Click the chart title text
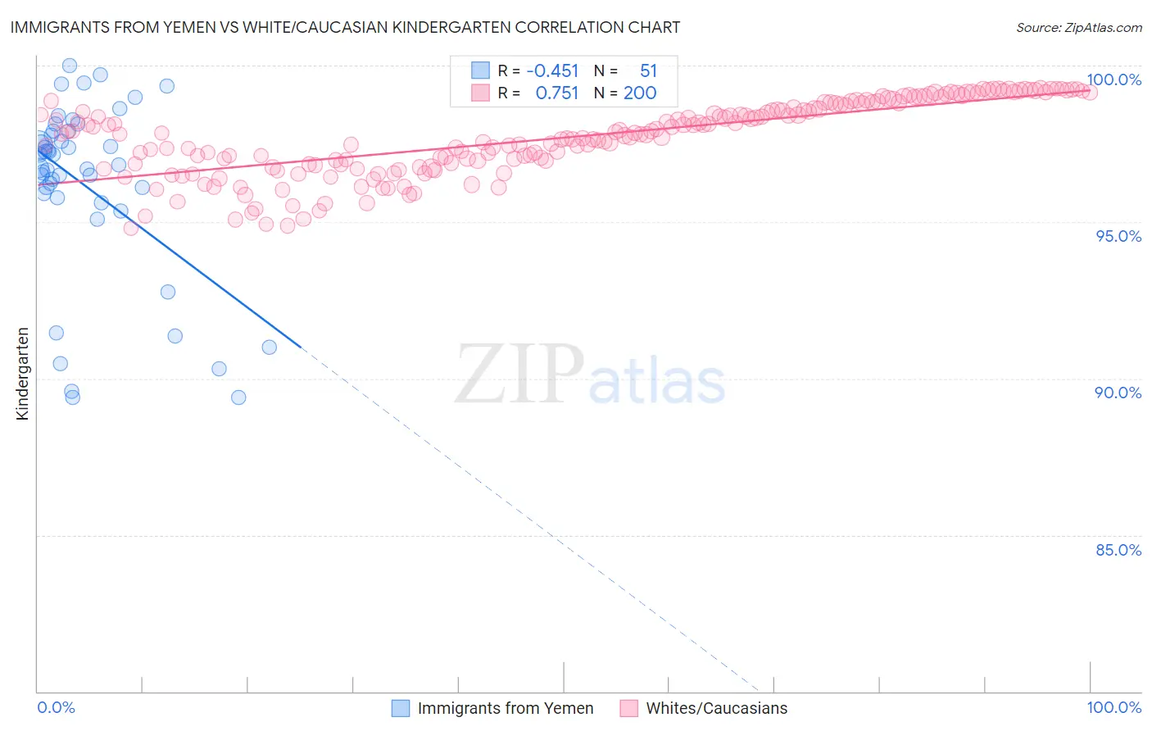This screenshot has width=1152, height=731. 345,27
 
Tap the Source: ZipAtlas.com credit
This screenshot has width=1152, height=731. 1078,27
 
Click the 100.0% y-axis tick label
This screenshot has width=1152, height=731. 1113,79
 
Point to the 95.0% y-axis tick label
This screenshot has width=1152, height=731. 1118,236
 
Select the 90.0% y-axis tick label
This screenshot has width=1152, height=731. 1118,393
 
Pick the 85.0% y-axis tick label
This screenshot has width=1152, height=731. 1118,550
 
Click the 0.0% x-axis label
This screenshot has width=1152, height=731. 56,707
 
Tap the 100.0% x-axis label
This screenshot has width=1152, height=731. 1113,707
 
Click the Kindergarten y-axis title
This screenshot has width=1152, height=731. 22,374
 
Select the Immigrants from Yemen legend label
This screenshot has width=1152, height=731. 505,708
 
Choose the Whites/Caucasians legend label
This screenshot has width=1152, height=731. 716,708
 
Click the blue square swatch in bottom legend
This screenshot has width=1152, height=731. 401,708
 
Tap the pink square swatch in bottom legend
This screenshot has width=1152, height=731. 628,708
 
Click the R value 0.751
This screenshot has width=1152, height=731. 556,93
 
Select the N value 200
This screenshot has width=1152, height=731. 640,93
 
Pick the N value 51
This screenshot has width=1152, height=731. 648,71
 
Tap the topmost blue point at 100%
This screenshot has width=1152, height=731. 70,66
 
